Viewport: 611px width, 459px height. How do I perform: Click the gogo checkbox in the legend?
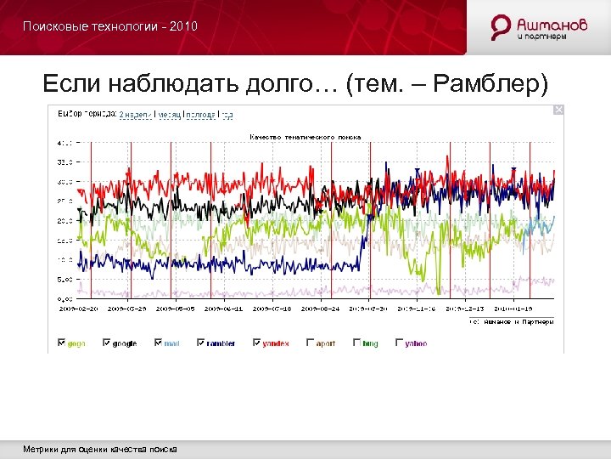(x=61, y=343)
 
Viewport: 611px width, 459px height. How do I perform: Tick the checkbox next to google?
(x=106, y=343)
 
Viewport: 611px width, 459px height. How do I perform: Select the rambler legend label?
(x=221, y=343)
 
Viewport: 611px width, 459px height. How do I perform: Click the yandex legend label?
(x=274, y=343)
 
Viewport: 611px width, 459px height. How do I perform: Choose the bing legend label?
(x=370, y=343)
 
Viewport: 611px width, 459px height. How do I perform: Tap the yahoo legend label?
(x=416, y=343)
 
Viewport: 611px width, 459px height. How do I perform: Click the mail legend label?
(x=173, y=343)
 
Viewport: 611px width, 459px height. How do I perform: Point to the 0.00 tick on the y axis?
(x=64, y=298)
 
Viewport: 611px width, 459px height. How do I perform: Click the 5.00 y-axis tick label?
(x=64, y=279)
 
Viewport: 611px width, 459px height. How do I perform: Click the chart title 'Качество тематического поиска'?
(x=305, y=136)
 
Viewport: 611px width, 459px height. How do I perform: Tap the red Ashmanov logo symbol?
(x=502, y=26)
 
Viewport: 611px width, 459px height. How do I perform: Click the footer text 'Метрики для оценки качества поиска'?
(x=100, y=448)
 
